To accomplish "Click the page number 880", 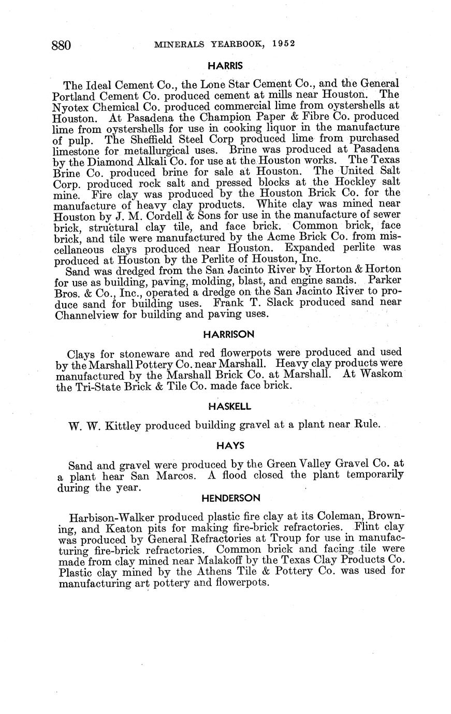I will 61,45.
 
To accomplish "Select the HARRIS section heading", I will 225,66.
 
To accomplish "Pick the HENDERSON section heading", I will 230,498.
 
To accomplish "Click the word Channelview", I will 86,314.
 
